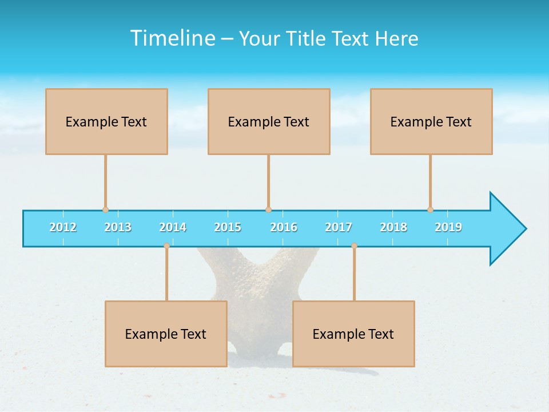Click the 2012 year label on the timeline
pyautogui.click(x=63, y=227)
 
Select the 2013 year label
pyautogui.click(x=118, y=227)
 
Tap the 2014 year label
pyautogui.click(x=173, y=227)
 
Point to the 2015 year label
pyautogui.click(x=228, y=227)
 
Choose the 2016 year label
pyautogui.click(x=284, y=227)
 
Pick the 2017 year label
pyautogui.click(x=339, y=227)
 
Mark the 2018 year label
pyautogui.click(x=393, y=227)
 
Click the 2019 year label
pyautogui.click(x=448, y=227)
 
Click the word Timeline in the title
pyautogui.click(x=172, y=38)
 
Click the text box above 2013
pyautogui.click(x=106, y=121)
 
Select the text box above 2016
pyautogui.click(x=269, y=121)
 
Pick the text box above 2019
pyautogui.click(x=431, y=121)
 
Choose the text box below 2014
pyautogui.click(x=166, y=334)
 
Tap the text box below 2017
pyautogui.click(x=353, y=334)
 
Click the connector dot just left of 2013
pyautogui.click(x=105, y=209)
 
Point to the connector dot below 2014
pyautogui.click(x=166, y=245)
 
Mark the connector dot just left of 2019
pyautogui.click(x=430, y=209)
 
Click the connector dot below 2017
pyautogui.click(x=354, y=245)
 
